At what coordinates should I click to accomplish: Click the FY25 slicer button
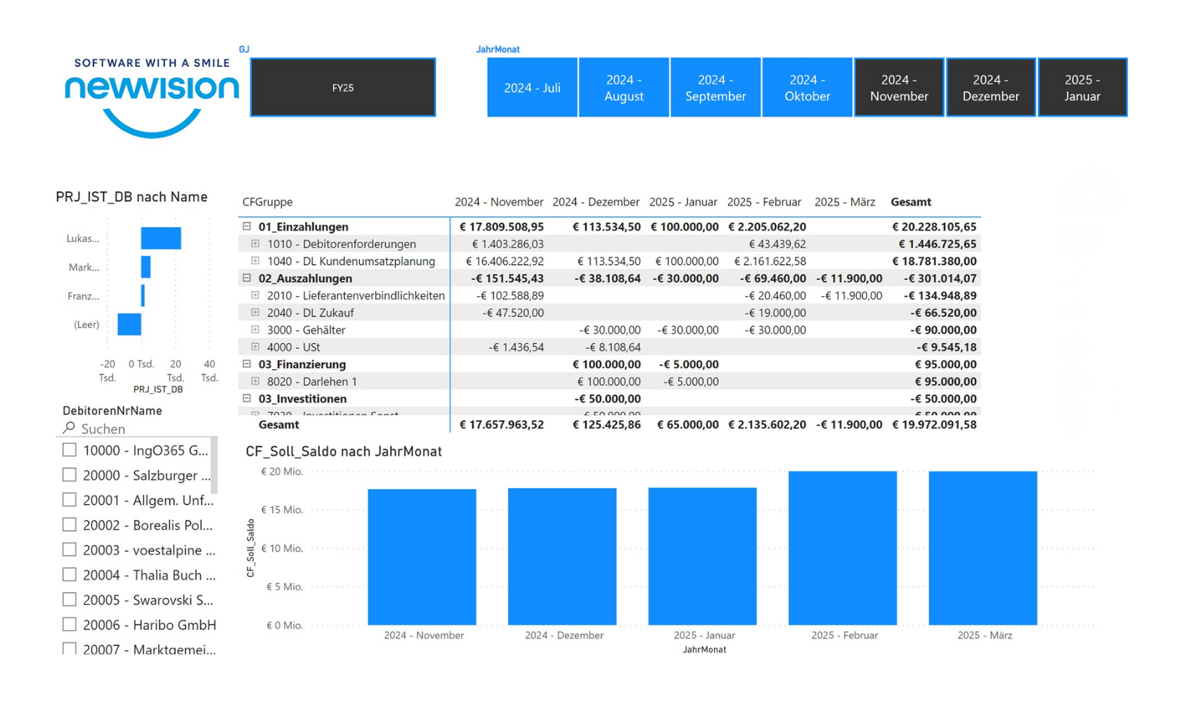[x=343, y=88]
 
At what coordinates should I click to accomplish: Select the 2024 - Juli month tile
[x=532, y=88]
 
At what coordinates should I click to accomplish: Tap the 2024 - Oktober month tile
[x=807, y=88]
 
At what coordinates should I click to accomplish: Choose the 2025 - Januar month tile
[x=1082, y=88]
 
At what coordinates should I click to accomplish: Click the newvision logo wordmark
[x=152, y=88]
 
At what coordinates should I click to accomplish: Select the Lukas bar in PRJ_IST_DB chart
[x=161, y=238]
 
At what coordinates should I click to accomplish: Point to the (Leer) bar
[x=129, y=324]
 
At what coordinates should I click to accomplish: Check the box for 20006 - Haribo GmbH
[x=70, y=624]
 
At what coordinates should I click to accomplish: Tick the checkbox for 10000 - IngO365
[x=70, y=450]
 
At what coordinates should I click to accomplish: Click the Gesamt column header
[x=911, y=202]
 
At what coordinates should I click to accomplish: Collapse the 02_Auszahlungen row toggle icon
[x=247, y=278]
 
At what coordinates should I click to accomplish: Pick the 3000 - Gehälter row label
[x=306, y=330]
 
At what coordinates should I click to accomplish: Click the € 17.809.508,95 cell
[x=501, y=226]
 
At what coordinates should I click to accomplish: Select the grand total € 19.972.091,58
[x=934, y=425]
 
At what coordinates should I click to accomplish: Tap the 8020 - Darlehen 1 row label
[x=312, y=381]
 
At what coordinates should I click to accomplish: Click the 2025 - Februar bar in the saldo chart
[x=842, y=548]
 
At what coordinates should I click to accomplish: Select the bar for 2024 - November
[x=422, y=557]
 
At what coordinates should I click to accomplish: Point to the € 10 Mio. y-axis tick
[x=282, y=548]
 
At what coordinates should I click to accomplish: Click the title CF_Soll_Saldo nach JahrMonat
[x=344, y=451]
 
